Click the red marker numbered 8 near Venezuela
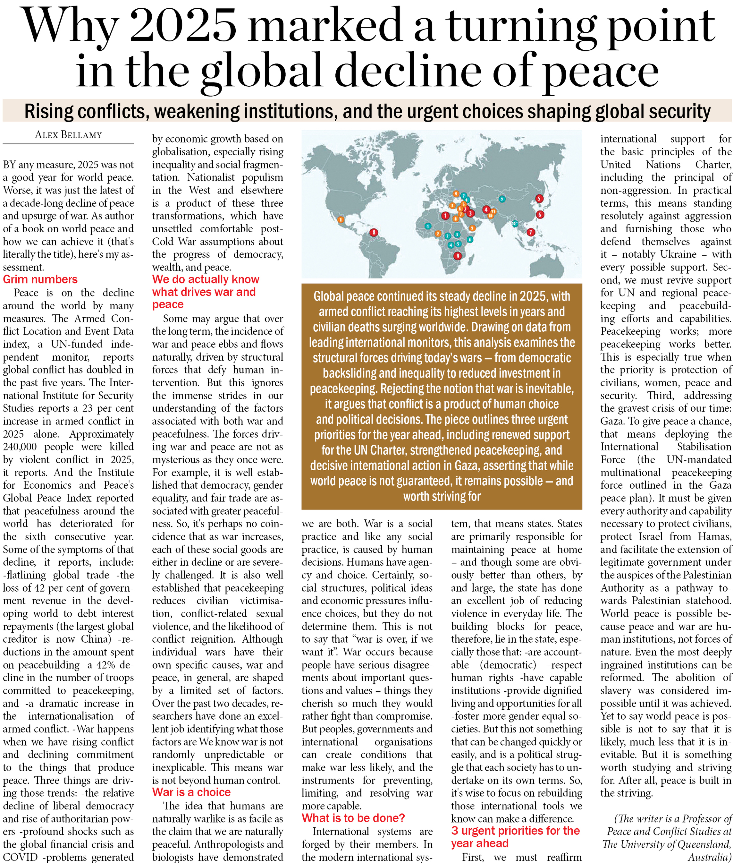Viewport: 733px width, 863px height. [374, 232]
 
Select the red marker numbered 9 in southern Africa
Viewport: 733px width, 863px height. [458, 256]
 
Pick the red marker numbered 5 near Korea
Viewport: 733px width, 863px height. [539, 198]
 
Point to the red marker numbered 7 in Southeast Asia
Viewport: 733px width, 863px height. [531, 232]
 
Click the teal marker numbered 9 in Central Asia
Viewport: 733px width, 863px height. [502, 199]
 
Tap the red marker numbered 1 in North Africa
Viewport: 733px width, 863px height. [445, 216]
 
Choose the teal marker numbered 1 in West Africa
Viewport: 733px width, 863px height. [428, 226]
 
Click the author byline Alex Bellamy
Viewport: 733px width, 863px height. [68, 135]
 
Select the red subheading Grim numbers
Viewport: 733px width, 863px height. [40, 279]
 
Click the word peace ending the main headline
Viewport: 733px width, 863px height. [601, 71]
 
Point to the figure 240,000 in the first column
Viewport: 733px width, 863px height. [20, 447]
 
